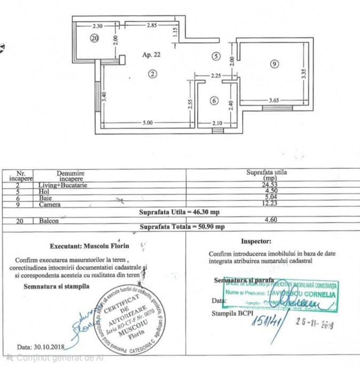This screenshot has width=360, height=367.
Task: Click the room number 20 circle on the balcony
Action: click(x=95, y=38)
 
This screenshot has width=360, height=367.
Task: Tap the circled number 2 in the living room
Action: click(x=153, y=74)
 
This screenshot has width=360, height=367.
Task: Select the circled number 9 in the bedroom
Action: click(x=274, y=64)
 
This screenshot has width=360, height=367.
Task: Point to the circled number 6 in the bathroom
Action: click(x=214, y=100)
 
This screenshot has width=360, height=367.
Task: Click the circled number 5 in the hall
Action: click(x=215, y=55)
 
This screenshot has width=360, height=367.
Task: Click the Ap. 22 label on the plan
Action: click(x=151, y=54)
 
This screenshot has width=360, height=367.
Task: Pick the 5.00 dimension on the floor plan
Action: click(x=148, y=123)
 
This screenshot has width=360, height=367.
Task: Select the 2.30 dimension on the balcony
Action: click(x=97, y=26)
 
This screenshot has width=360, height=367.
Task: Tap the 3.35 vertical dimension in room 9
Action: click(x=303, y=75)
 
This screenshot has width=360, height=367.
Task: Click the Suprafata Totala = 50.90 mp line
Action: click(x=182, y=227)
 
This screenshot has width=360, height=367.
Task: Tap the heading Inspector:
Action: click(x=256, y=241)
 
